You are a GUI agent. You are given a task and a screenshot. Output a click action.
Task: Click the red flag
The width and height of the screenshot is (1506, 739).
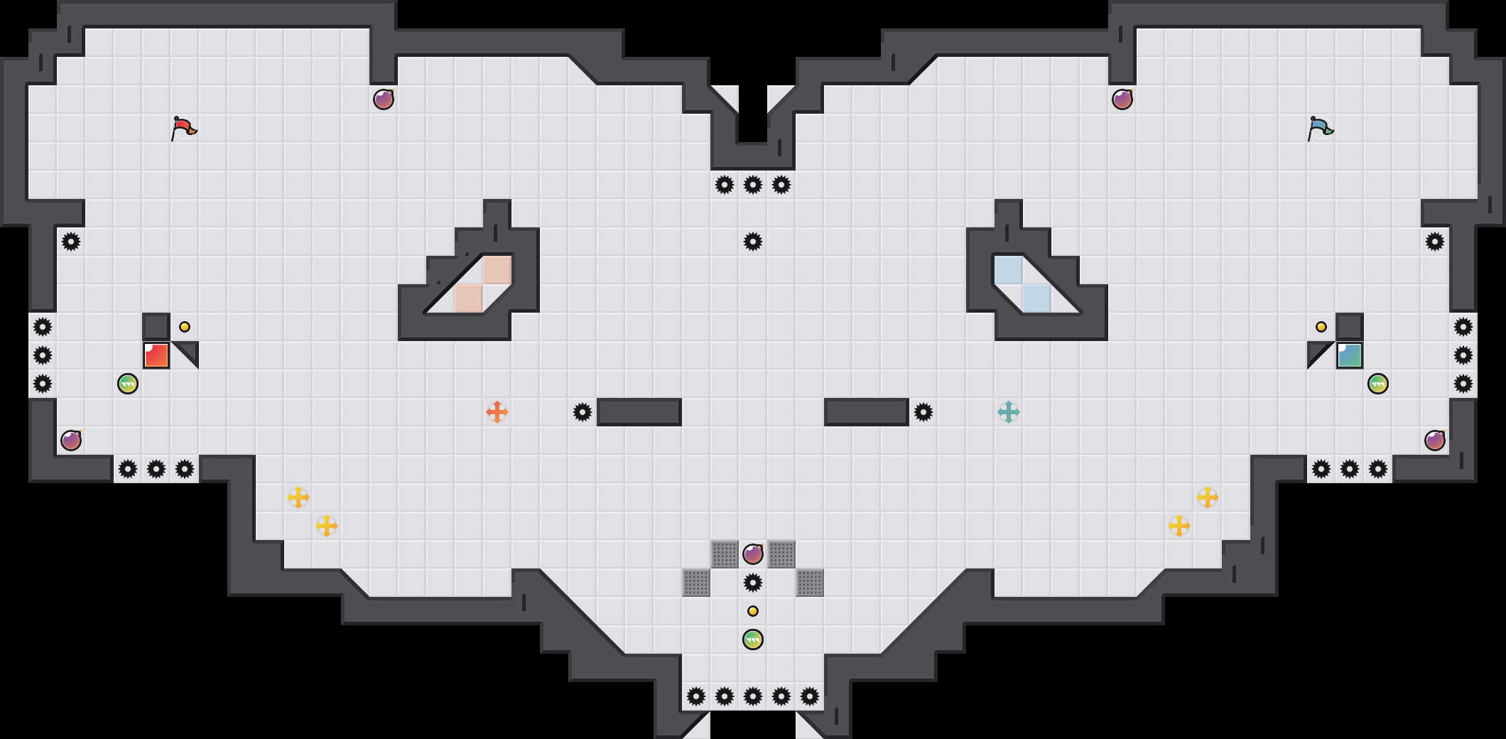click(183, 129)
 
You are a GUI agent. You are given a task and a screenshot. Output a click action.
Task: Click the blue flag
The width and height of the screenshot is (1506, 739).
click(1320, 129)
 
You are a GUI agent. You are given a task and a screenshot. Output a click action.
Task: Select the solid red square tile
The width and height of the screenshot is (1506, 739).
click(156, 355)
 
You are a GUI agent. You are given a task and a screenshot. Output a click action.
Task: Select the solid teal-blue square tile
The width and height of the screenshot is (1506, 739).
click(1350, 355)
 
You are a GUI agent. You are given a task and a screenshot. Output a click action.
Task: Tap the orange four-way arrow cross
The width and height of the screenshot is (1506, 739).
click(497, 412)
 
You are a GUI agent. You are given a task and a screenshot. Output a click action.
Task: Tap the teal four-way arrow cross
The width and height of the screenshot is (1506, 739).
click(1009, 412)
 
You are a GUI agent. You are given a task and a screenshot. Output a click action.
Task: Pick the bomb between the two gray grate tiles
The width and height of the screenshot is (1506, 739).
click(753, 554)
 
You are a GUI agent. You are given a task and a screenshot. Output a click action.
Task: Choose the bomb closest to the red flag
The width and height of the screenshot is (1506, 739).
click(384, 99)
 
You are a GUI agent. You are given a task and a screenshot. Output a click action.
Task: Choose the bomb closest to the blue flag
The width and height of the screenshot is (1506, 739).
click(1122, 99)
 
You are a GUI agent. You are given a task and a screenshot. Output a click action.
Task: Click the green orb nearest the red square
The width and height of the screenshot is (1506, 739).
click(128, 384)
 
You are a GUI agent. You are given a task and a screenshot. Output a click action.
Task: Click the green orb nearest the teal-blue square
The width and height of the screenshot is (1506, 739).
click(1378, 384)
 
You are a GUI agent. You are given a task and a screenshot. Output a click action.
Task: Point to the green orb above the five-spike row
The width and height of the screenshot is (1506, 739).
click(753, 640)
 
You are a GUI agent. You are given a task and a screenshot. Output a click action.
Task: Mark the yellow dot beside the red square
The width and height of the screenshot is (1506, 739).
click(185, 327)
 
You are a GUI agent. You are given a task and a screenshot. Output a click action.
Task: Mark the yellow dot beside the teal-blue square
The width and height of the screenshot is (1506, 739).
click(1321, 327)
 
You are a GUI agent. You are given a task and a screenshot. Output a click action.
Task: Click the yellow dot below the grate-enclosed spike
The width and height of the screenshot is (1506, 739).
click(753, 611)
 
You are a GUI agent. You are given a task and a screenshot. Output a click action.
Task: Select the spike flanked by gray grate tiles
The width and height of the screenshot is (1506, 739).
click(753, 583)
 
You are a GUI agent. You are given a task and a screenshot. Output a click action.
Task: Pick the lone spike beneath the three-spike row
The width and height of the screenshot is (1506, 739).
click(753, 242)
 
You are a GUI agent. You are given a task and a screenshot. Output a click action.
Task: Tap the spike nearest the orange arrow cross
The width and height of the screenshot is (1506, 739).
click(583, 412)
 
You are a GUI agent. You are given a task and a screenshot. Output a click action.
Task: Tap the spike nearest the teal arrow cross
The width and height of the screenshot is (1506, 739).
click(923, 412)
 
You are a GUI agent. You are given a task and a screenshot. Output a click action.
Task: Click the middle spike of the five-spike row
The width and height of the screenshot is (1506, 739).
click(753, 696)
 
